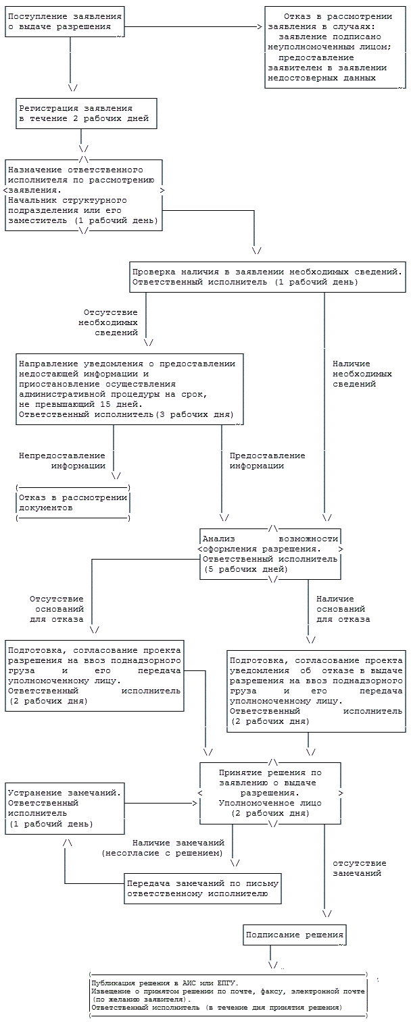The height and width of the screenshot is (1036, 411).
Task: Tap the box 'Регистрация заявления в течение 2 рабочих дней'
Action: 87,114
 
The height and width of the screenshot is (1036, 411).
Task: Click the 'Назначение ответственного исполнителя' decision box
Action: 84,195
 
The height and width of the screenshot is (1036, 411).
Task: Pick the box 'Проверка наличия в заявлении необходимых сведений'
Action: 268,276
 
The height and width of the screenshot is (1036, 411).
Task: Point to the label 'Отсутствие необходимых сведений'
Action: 110,323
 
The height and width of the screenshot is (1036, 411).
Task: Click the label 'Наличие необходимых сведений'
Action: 362,374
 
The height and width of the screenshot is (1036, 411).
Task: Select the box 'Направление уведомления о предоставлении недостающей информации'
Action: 130,389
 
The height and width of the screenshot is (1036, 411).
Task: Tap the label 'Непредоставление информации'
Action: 62,461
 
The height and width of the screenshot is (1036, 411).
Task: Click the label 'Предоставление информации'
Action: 267,461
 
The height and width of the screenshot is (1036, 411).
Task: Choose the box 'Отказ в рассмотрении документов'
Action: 72,503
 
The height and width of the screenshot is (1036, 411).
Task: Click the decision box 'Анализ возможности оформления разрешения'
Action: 270,554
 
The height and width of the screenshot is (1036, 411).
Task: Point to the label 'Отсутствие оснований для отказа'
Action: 57,609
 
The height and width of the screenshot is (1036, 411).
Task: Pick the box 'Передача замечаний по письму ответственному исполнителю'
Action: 203,889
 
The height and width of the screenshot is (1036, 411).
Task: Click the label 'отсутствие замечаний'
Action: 359,868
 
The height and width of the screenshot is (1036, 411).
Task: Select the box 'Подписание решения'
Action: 294,935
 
